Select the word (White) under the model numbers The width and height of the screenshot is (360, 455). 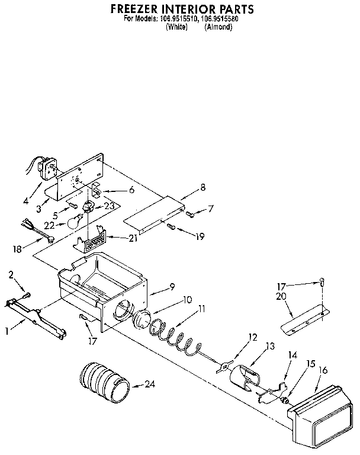(176, 27)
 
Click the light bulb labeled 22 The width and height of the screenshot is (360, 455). (73, 223)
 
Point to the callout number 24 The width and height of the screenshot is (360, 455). (150, 384)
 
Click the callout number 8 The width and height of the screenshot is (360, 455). (202, 188)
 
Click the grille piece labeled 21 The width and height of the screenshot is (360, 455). (92, 243)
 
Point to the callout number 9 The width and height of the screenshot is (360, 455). (171, 287)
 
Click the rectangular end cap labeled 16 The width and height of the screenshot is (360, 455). (320, 409)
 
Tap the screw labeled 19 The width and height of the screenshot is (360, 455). (171, 226)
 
